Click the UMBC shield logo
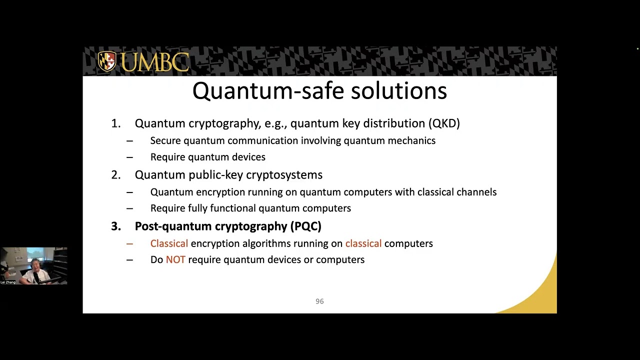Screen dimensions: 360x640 (106, 61)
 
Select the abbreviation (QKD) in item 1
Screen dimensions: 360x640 (444, 123)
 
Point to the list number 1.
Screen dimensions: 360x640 (115, 123)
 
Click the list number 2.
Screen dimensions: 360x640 (115, 175)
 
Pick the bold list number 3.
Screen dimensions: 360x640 (115, 226)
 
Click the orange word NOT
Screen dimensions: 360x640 (175, 260)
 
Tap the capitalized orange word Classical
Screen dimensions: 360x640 (169, 243)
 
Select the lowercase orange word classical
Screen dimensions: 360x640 (363, 243)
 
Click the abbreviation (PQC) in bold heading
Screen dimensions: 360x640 (305, 226)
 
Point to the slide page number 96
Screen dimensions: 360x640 (319, 301)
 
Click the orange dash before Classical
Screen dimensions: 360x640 (129, 243)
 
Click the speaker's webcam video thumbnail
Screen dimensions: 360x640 (33, 265)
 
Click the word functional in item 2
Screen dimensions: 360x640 (232, 208)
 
